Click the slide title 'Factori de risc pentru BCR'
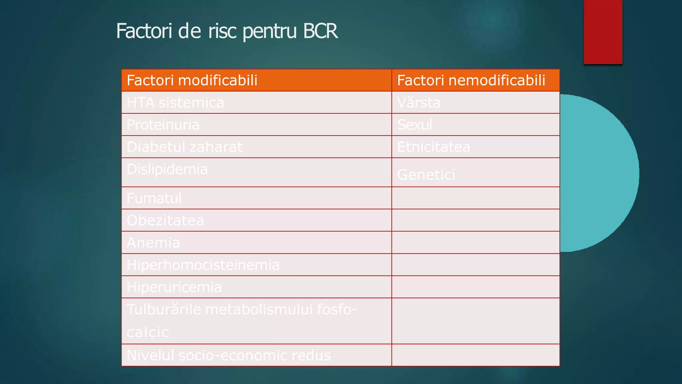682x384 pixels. [x=227, y=31]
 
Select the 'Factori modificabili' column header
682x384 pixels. [x=192, y=80]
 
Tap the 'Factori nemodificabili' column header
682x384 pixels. [x=471, y=80]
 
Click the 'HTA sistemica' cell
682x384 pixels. [x=175, y=103]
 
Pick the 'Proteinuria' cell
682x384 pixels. [x=163, y=125]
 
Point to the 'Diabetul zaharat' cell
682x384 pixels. [x=185, y=147]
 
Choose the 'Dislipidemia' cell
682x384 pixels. [x=167, y=169]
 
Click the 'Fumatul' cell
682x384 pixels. [x=154, y=198]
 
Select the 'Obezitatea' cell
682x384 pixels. [x=165, y=220]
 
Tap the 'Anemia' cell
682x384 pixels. [x=154, y=243]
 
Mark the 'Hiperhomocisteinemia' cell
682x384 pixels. [x=203, y=265]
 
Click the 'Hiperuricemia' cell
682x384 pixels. [x=174, y=287]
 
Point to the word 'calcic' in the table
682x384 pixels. [x=148, y=332]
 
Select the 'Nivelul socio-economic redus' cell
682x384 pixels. [x=229, y=355]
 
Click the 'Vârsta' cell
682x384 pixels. [x=419, y=103]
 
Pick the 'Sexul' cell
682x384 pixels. [x=415, y=125]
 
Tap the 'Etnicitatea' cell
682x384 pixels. [x=434, y=147]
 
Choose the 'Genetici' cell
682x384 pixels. [x=426, y=175]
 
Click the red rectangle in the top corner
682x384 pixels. [x=603, y=32]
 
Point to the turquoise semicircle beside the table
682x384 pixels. [x=599, y=173]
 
